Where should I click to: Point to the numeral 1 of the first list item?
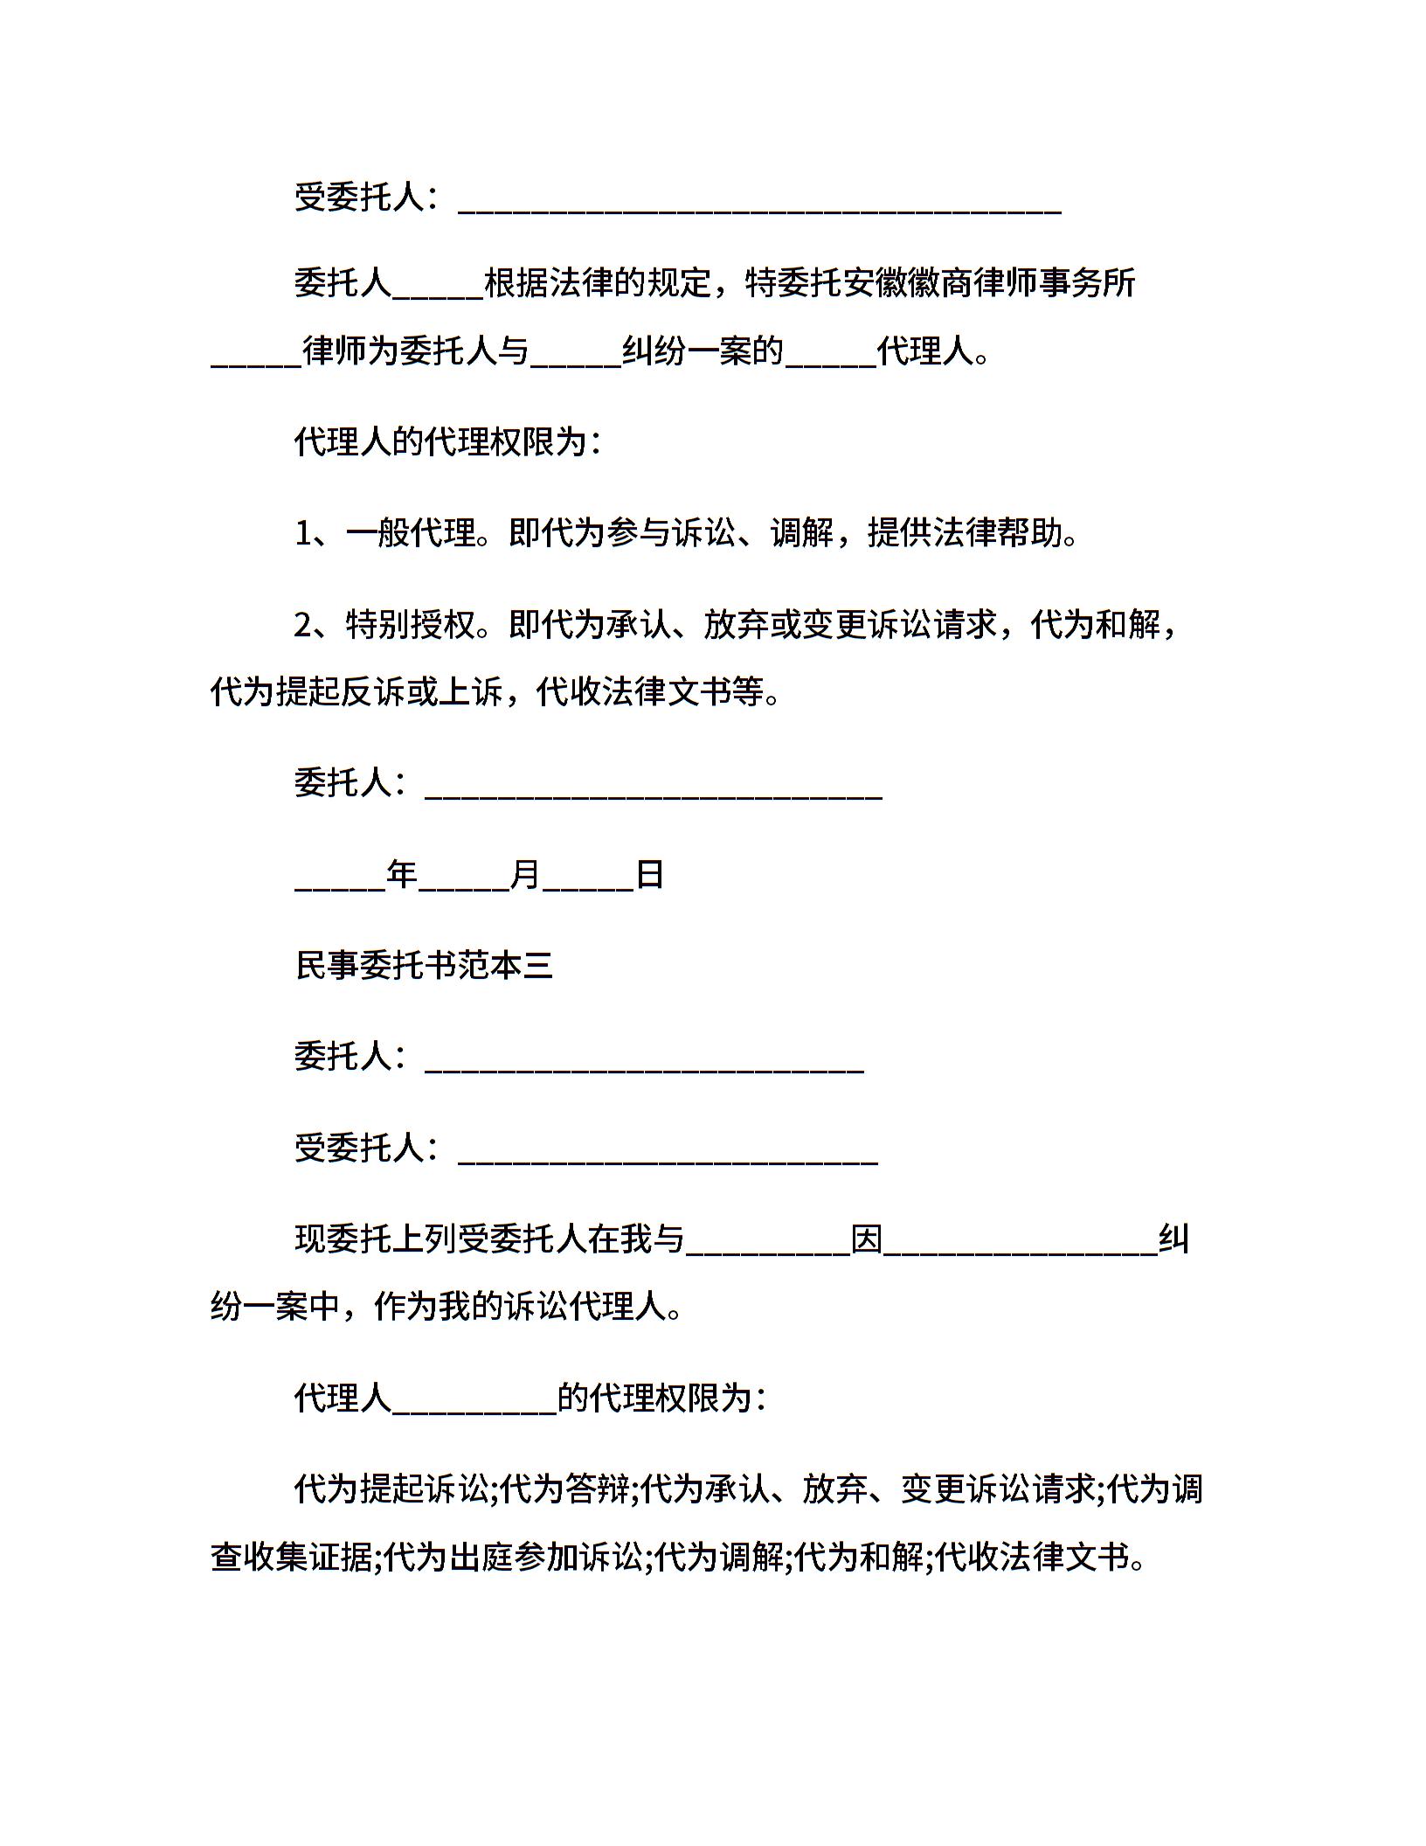pos(302,532)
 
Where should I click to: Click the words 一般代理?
pos(411,532)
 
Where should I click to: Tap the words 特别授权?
pos(411,625)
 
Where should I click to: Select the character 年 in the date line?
pos(402,874)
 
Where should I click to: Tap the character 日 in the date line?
pos(649,874)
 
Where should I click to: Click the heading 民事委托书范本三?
pos(425,966)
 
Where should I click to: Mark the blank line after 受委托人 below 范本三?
pos(668,1158)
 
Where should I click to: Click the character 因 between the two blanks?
pos(867,1240)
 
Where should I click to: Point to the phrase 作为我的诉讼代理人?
pos(520,1308)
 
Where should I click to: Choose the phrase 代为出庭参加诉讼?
pos(514,1556)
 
